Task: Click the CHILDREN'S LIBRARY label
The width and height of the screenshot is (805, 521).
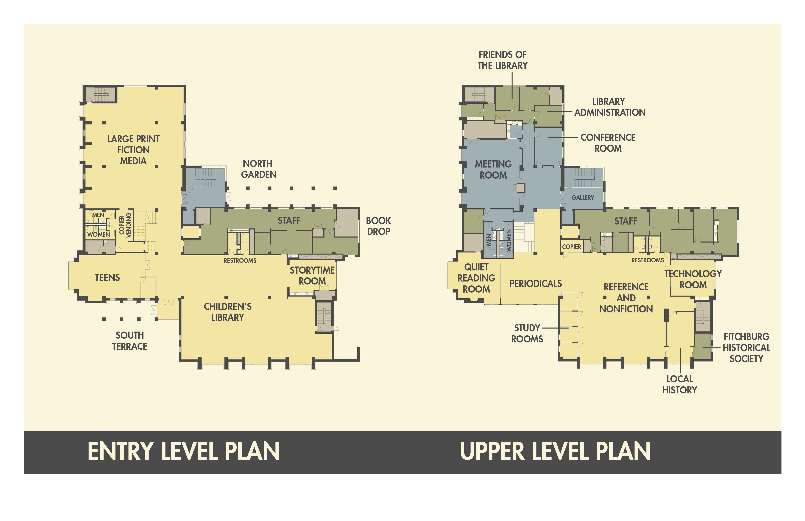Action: (228, 312)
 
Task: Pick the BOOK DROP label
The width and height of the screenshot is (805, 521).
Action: (378, 226)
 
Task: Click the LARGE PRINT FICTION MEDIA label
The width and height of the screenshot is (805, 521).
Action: (133, 150)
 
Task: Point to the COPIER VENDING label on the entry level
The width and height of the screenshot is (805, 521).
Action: (125, 225)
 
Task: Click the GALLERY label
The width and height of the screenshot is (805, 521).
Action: (582, 198)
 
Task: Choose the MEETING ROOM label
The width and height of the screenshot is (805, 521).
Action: (493, 170)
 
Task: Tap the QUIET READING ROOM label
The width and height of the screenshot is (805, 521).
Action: (476, 278)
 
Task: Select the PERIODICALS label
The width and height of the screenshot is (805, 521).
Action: (535, 284)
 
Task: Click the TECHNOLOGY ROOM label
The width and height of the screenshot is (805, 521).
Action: (693, 279)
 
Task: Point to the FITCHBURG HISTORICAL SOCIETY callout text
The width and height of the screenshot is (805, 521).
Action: (746, 348)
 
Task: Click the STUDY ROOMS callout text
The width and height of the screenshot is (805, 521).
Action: (527, 334)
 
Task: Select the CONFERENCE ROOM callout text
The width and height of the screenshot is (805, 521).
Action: (608, 143)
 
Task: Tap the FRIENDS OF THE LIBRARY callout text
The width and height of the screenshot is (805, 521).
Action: (502, 60)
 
